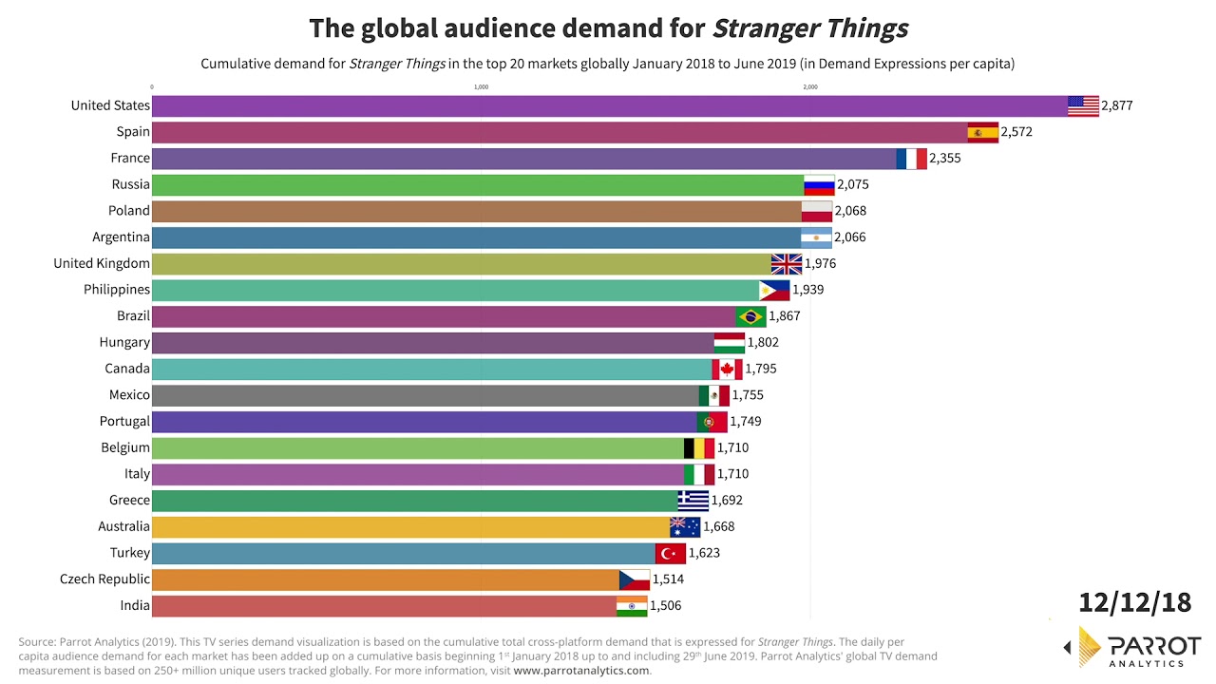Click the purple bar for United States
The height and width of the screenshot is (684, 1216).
click(608, 105)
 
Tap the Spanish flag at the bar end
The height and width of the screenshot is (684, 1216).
click(982, 132)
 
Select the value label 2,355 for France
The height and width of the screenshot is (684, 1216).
click(944, 159)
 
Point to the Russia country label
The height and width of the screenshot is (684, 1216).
click(130, 184)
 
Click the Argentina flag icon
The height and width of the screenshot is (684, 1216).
click(816, 237)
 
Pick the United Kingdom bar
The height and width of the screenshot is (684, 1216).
click(461, 263)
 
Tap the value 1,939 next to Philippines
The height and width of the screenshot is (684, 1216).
click(808, 290)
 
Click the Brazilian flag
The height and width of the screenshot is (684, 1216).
click(750, 316)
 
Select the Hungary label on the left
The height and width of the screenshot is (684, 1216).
click(124, 342)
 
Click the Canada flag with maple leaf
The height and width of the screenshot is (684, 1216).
click(727, 369)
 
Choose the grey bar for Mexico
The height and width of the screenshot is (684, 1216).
click(425, 395)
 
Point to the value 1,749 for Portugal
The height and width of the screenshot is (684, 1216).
click(746, 421)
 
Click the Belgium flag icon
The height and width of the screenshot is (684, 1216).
click(699, 447)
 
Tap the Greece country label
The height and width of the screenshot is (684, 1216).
click(129, 500)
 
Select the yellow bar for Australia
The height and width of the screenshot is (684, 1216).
click(410, 526)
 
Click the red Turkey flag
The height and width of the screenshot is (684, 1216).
click(671, 553)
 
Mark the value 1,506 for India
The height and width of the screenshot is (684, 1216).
click(665, 605)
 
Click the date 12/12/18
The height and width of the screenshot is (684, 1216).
click(1134, 602)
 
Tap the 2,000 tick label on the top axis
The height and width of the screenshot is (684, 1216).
click(810, 87)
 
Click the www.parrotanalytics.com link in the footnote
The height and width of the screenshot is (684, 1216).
click(581, 671)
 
